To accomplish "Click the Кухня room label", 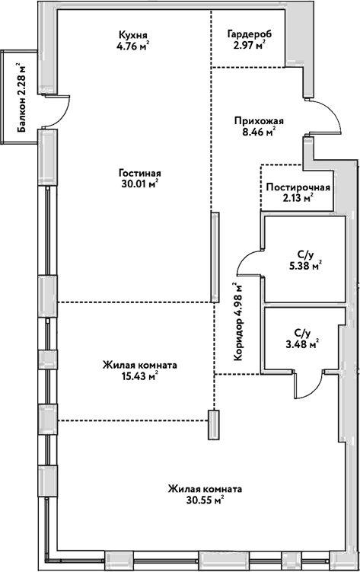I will [x=132, y=34].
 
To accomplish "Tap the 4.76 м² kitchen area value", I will [x=132, y=45].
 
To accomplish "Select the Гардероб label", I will [x=250, y=34].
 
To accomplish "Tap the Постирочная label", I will [x=298, y=188].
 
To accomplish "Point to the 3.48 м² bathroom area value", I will [x=302, y=344].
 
